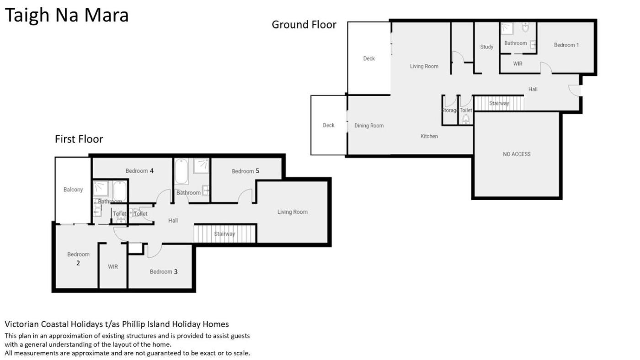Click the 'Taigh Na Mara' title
(67, 16)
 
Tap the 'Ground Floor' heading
(304, 25)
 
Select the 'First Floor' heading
(79, 139)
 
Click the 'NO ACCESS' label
(517, 154)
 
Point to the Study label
(486, 47)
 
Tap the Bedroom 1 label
(566, 45)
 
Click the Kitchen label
(429, 136)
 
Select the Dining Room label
(369, 126)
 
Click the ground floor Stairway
(499, 103)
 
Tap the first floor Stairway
(224, 234)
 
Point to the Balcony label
(73, 190)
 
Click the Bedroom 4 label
(139, 171)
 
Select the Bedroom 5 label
(245, 171)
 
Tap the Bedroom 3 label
(164, 272)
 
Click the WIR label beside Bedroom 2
(113, 267)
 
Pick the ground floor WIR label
(517, 64)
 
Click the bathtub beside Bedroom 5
(181, 171)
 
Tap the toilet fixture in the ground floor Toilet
(466, 119)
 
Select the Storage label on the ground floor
(450, 110)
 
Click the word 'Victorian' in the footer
(22, 324)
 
